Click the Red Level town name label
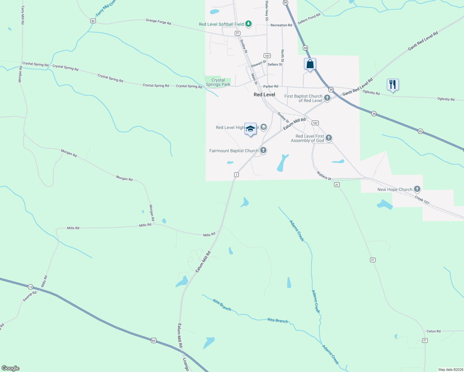264,95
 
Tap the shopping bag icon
310,64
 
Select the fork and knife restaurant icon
393,84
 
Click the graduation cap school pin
250,129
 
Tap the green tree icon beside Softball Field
248,24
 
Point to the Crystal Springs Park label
218,82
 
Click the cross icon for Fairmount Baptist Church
263,150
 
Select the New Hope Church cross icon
417,189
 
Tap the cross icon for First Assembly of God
329,138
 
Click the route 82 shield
93,21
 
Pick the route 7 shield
236,175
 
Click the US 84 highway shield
154,340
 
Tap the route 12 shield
30,287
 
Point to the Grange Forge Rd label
158,21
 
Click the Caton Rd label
433,331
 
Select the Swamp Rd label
29,296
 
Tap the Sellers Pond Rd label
309,19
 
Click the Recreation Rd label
281,25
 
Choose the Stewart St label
258,64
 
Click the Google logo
11,368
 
